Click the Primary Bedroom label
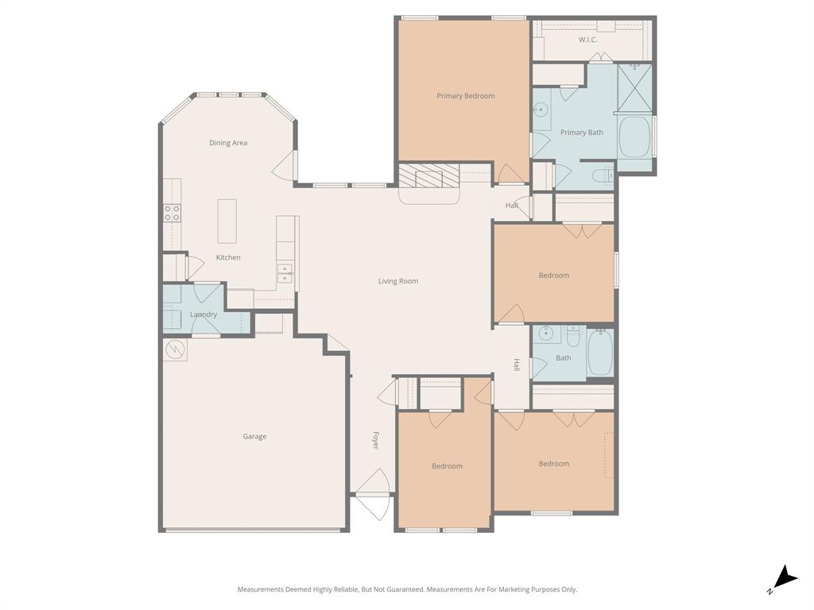coord(465,96)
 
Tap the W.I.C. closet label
coord(587,40)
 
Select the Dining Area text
coord(228,143)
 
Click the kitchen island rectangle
coord(227,221)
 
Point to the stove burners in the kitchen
coord(172,213)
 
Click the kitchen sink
coord(284,273)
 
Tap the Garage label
coord(254,436)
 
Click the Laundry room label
coord(203,315)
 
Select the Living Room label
coord(397,281)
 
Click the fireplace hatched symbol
coord(429,176)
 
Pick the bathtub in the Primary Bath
coord(634,137)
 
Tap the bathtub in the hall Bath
coord(599,353)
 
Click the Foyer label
coord(375,442)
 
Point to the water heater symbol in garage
coord(175,349)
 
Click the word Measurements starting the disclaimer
coord(259,589)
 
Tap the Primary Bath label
coord(582,133)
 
